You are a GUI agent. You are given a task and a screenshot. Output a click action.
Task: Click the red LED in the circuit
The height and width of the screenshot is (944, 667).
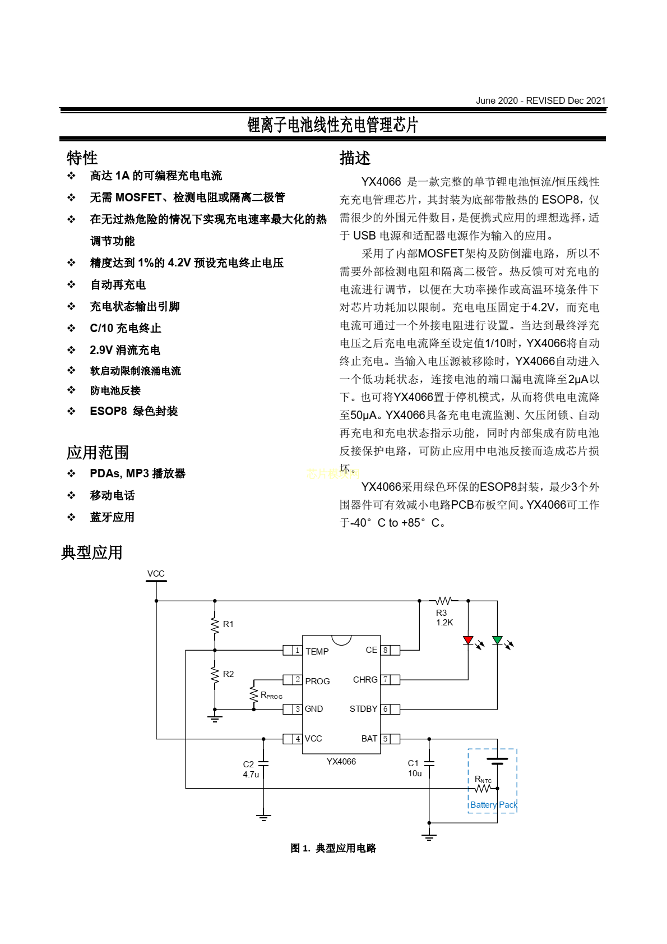click(x=468, y=640)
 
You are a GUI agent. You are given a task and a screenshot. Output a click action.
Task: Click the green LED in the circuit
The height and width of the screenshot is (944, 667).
click(x=497, y=640)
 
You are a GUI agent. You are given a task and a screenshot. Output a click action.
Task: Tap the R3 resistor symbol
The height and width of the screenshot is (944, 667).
click(x=443, y=601)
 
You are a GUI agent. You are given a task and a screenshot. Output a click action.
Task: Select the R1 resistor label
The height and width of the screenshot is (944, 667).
click(x=228, y=624)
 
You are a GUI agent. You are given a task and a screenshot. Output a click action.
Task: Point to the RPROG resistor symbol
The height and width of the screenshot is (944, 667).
click(x=254, y=694)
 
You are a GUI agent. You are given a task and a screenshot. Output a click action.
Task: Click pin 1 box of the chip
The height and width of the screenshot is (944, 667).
click(x=297, y=651)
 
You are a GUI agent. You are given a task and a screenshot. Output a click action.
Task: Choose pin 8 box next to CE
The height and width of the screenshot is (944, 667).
click(x=386, y=651)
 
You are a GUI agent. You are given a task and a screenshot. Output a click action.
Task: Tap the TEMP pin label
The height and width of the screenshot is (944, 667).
click(x=317, y=652)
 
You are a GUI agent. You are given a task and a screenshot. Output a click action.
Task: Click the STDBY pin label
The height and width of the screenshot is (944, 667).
click(x=363, y=709)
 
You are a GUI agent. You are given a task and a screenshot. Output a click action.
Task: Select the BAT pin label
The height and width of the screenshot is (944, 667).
click(x=369, y=739)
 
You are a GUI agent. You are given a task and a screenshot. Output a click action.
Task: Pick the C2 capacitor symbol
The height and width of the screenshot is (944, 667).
click(x=263, y=763)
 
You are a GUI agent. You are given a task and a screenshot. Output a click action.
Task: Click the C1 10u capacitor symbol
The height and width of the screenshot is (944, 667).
click(x=429, y=763)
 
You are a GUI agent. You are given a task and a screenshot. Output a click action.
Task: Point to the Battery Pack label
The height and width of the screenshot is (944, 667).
click(x=493, y=805)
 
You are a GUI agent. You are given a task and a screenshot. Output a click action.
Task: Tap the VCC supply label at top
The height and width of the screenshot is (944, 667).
click(x=156, y=574)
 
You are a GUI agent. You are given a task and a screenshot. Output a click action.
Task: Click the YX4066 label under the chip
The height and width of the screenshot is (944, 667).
click(x=341, y=762)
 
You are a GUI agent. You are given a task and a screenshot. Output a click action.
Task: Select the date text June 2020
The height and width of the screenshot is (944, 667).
click(x=497, y=101)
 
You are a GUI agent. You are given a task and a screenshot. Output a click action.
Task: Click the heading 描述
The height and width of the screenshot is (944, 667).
click(x=355, y=158)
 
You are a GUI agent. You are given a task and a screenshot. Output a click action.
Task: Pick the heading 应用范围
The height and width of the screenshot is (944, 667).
click(x=98, y=452)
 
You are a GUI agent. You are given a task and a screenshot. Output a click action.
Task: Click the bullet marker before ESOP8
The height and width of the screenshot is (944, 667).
click(x=72, y=411)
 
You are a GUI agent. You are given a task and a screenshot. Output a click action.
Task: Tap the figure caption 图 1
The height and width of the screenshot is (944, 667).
click(x=300, y=848)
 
